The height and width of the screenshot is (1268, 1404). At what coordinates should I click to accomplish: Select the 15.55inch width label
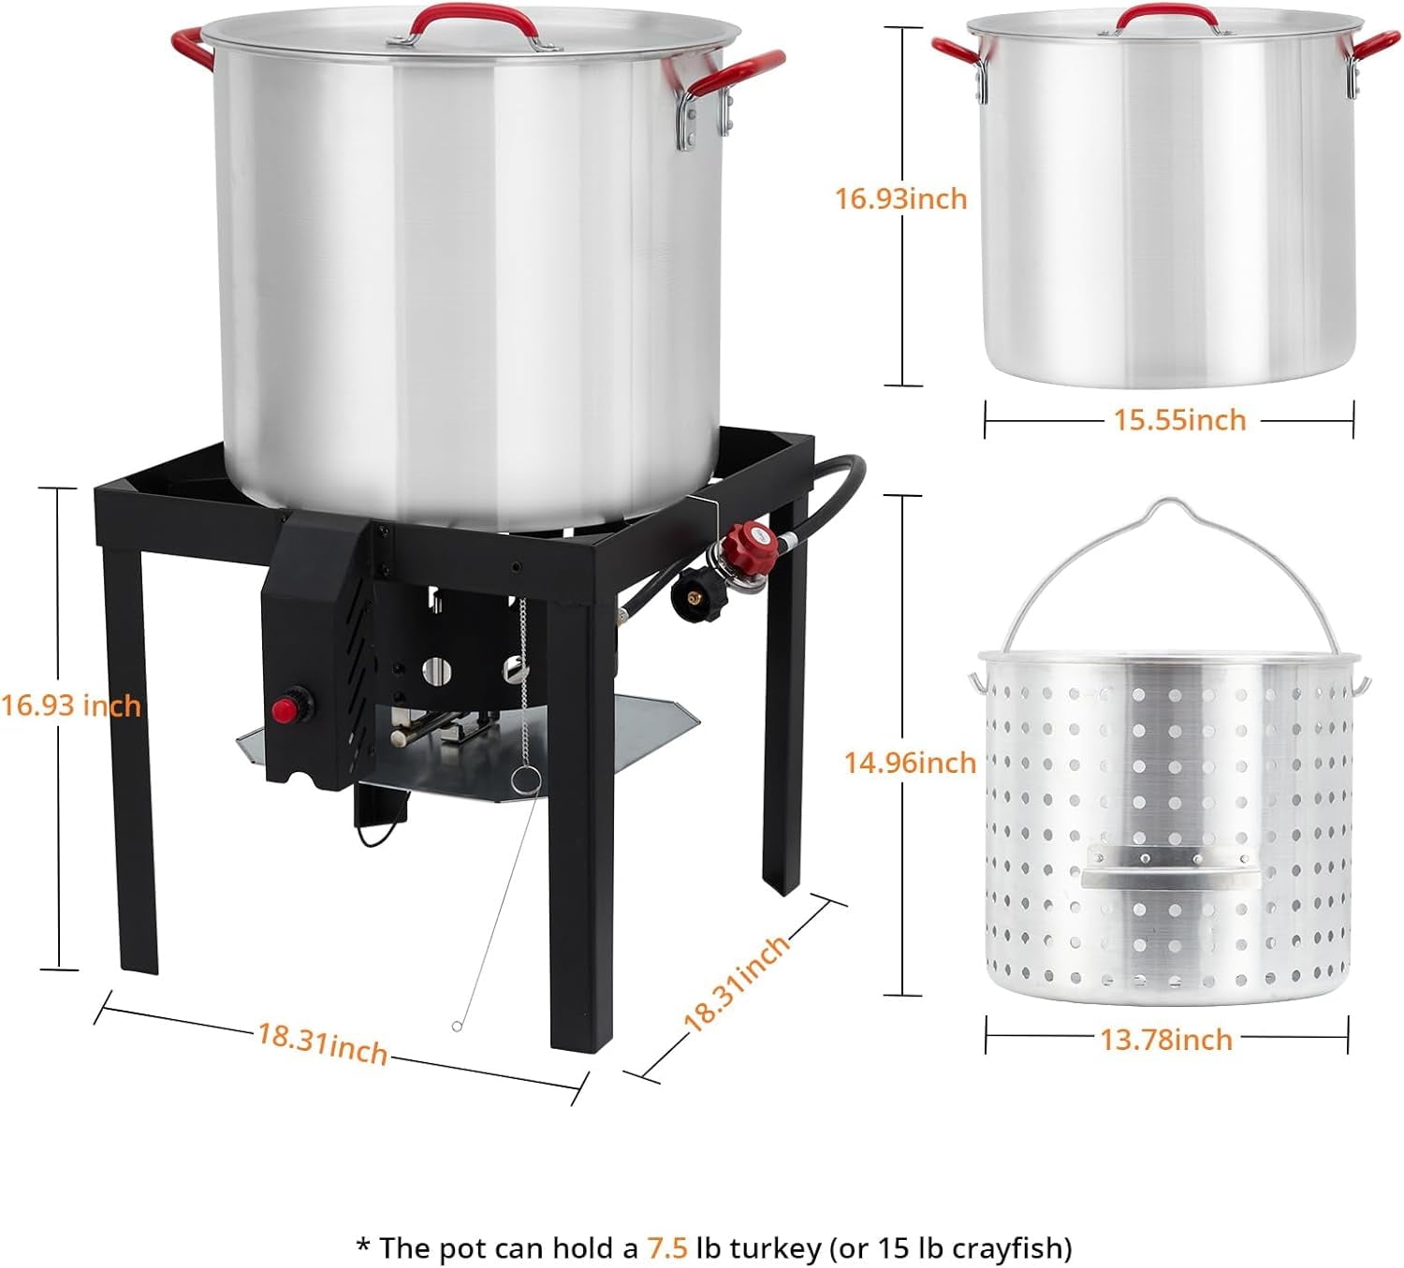pos(1179,420)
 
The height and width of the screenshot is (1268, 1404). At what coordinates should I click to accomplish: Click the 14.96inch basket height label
pos(910,762)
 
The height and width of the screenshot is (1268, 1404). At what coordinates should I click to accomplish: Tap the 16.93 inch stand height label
pos(71,705)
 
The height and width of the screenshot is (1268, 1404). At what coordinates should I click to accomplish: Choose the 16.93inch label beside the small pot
pos(900,198)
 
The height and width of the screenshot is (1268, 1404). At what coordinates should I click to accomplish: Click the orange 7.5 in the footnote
pos(667,1247)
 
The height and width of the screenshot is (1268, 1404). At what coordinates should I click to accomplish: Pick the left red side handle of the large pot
pos(193,48)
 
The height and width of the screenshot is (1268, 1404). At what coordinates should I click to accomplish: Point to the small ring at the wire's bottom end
pos(457,1027)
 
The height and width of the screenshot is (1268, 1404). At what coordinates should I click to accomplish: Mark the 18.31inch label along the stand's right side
pos(737,984)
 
